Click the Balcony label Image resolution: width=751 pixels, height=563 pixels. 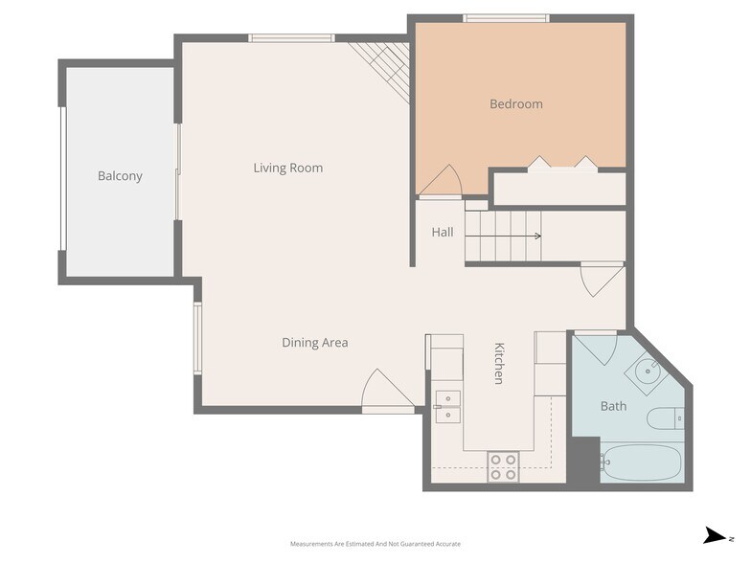point(120,176)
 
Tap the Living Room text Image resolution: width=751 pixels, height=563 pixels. point(287,169)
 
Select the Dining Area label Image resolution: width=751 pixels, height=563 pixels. point(314,343)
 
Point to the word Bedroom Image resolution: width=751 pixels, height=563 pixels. point(515,104)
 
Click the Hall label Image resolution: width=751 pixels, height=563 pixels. point(442,233)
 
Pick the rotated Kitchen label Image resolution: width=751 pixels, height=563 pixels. point(498,363)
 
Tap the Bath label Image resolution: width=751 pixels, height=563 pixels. point(613,406)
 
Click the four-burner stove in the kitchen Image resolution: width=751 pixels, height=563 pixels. point(504,466)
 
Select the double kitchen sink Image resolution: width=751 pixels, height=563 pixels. point(446,406)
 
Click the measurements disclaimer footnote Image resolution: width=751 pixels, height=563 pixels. point(375,543)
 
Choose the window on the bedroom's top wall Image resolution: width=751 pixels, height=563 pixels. point(506,18)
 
